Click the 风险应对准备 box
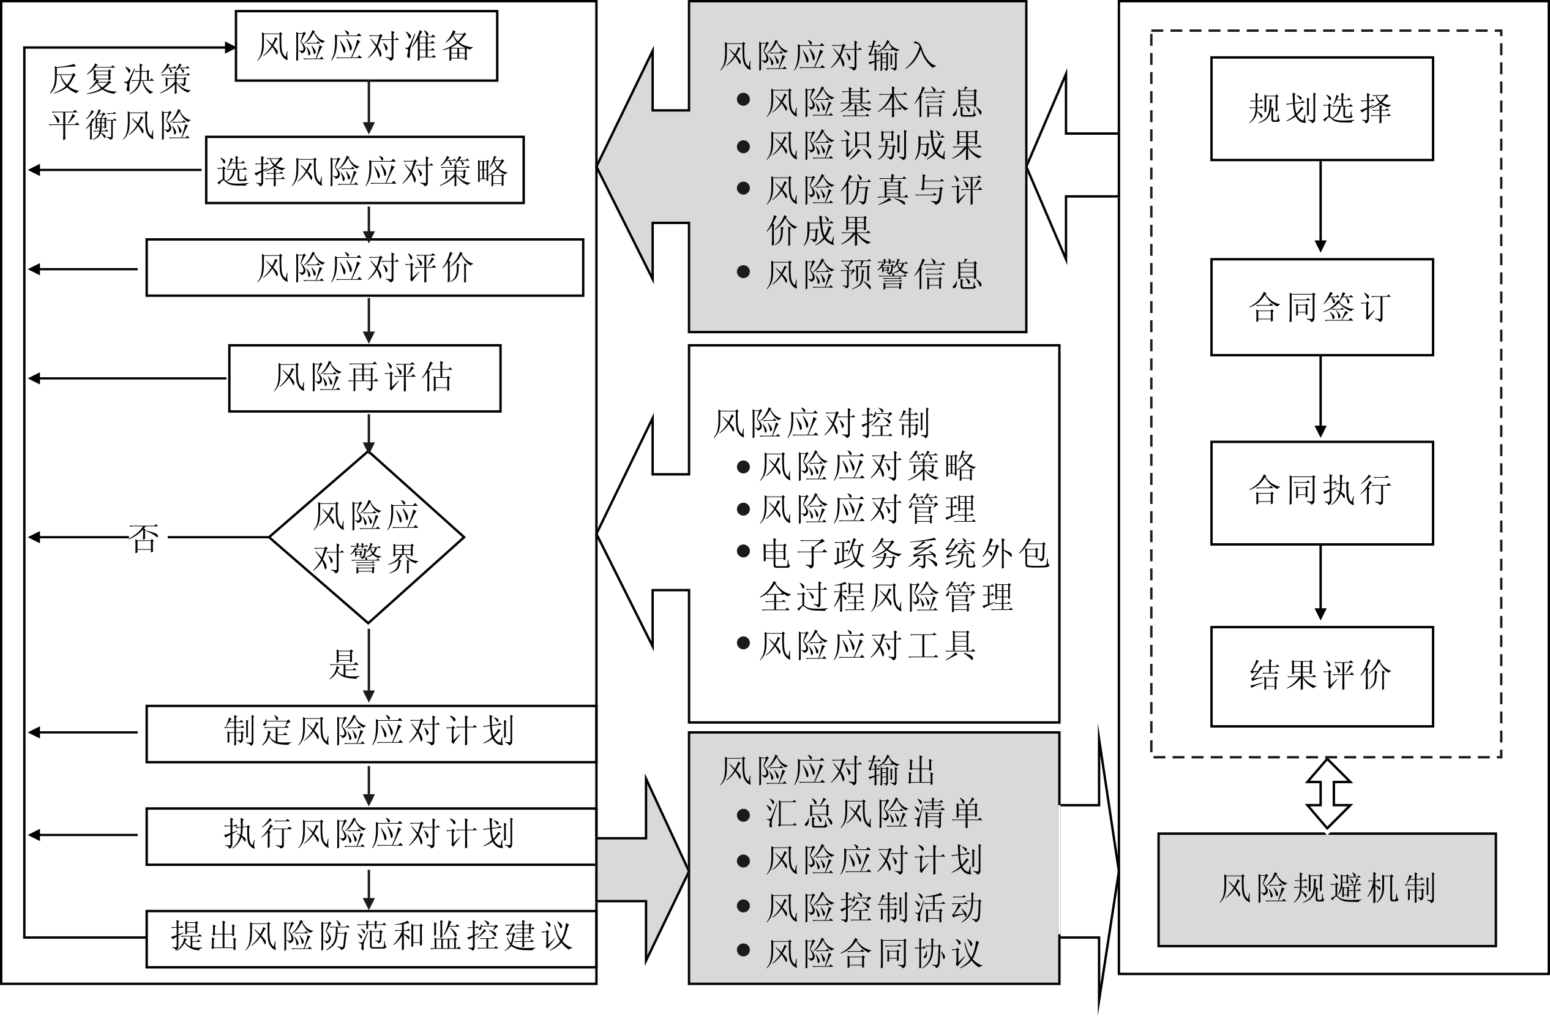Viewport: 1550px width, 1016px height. [x=366, y=45]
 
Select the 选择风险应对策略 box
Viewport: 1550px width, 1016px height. [x=364, y=170]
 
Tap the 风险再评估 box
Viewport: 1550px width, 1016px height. [x=364, y=378]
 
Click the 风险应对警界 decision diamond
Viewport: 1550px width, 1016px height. [x=367, y=537]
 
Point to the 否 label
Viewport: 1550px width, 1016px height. [x=144, y=538]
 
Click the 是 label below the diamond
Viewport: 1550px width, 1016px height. [x=344, y=664]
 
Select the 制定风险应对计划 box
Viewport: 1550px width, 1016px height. [x=370, y=733]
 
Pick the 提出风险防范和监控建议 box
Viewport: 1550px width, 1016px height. [x=370, y=938]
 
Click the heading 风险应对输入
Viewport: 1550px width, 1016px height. [x=828, y=56]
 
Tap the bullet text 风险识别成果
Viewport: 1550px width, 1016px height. [x=874, y=145]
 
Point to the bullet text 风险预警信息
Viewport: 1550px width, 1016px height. [x=874, y=274]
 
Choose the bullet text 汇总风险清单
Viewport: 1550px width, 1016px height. [x=874, y=814]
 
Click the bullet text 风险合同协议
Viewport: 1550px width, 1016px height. [x=874, y=954]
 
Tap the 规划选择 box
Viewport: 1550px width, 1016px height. [x=1321, y=108]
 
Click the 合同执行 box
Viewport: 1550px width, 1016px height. [x=1321, y=492]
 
